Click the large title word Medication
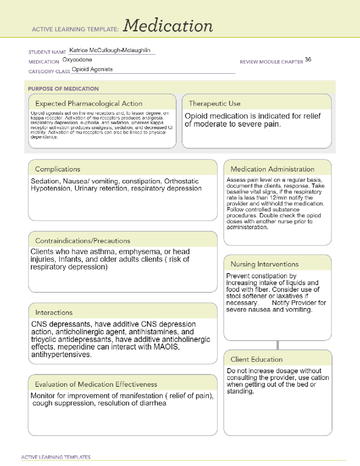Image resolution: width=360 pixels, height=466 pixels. pos(168,26)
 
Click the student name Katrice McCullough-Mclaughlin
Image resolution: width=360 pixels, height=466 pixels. pos(110,50)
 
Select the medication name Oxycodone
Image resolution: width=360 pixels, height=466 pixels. pos(77,60)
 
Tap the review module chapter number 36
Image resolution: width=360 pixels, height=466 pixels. pos(308,60)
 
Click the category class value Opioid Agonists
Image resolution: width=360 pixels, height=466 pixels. pos(92,69)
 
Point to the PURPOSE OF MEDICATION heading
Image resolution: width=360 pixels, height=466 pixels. pos(63,89)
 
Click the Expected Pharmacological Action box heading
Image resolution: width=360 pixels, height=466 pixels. pos(89,104)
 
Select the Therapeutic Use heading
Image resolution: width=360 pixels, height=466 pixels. pos(214,104)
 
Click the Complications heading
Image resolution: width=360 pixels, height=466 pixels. pos(58,169)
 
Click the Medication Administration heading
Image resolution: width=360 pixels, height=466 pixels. pos(272,169)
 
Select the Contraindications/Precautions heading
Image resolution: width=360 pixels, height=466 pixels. pos(83,241)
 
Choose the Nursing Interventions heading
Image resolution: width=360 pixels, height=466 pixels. pos(265,264)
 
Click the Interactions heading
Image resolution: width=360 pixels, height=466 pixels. pos(54,313)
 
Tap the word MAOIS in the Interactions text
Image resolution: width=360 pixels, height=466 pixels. pos(166,347)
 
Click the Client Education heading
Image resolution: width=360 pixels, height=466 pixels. pos(256,359)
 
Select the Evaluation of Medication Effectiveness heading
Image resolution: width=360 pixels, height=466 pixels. pos(96,384)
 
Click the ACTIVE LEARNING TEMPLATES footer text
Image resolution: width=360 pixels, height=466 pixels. pos(56,457)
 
